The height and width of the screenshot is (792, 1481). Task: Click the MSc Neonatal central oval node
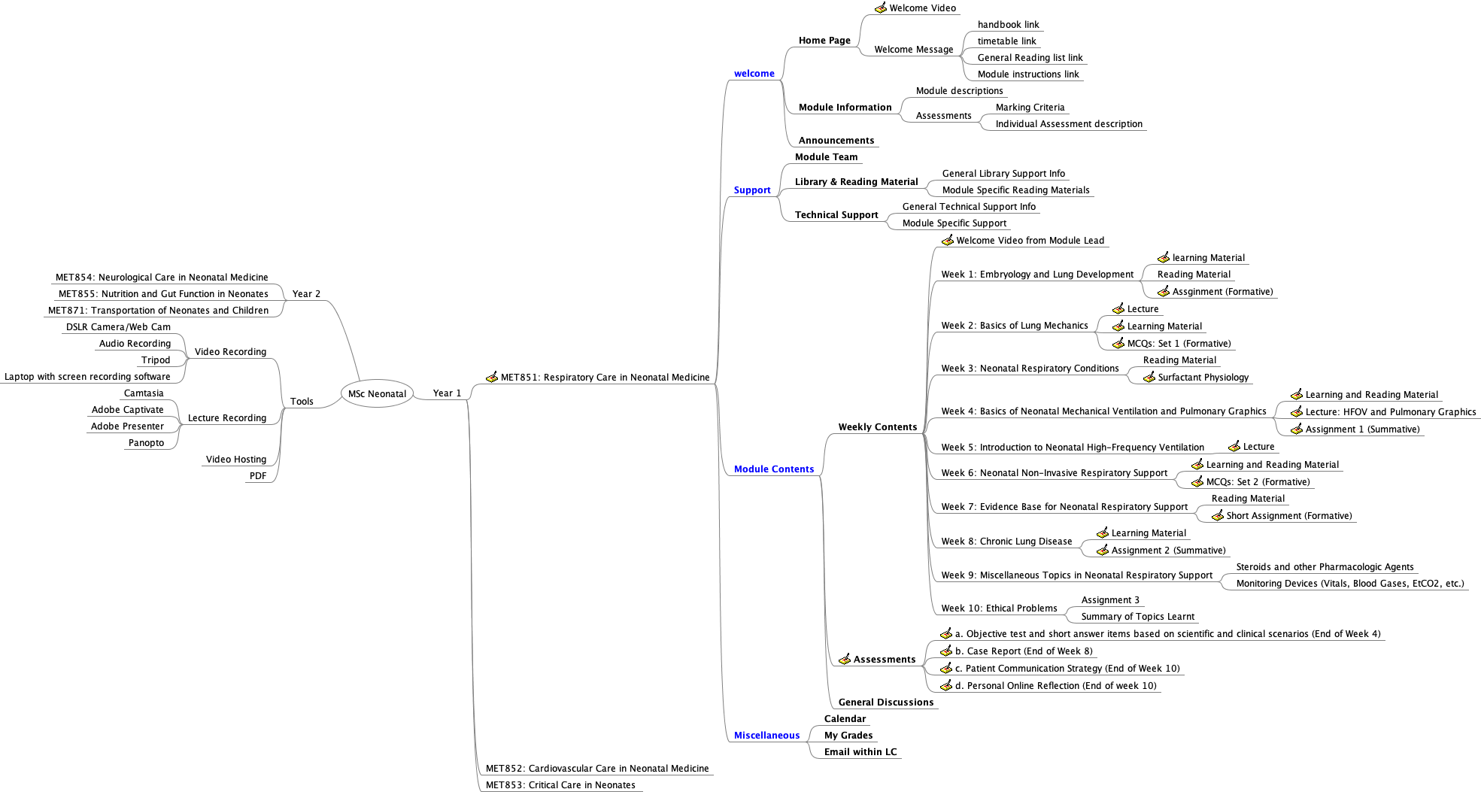tap(377, 393)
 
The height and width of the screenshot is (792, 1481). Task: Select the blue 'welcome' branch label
tap(754, 74)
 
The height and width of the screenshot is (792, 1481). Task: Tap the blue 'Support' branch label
tap(752, 190)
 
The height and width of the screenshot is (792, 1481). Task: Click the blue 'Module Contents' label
tap(773, 469)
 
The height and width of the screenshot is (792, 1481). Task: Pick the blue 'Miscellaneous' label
tap(766, 736)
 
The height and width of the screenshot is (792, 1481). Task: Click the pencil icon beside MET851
tap(492, 377)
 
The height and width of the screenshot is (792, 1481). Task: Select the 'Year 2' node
tap(306, 294)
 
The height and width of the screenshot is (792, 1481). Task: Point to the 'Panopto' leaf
tap(146, 443)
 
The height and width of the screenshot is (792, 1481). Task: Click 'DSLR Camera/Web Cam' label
tap(118, 327)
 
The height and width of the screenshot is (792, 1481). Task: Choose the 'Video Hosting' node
tap(235, 460)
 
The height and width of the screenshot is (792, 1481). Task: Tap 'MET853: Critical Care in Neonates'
tap(560, 785)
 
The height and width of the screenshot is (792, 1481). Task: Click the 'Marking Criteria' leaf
tap(1030, 108)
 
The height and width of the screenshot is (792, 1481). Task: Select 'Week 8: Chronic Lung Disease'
tap(1006, 542)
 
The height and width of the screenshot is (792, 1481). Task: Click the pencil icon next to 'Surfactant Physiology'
tap(1149, 377)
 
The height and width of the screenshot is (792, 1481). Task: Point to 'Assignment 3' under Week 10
tap(1110, 600)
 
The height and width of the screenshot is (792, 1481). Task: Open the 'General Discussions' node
tap(885, 702)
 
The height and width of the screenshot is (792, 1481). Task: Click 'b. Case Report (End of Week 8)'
tap(1024, 651)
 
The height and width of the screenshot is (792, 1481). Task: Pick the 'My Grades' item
tap(848, 736)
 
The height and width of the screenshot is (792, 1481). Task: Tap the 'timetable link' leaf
tap(1006, 41)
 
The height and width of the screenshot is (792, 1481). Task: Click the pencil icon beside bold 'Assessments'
tap(845, 659)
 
